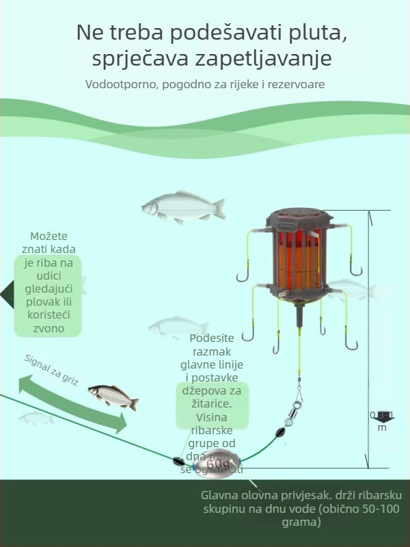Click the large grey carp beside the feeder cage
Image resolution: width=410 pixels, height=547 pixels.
(x=182, y=205)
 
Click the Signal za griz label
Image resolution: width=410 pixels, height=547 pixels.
(x=51, y=369)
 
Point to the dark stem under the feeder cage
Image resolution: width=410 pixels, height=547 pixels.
(x=298, y=316)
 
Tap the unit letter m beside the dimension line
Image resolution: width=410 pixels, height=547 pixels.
(x=382, y=428)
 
